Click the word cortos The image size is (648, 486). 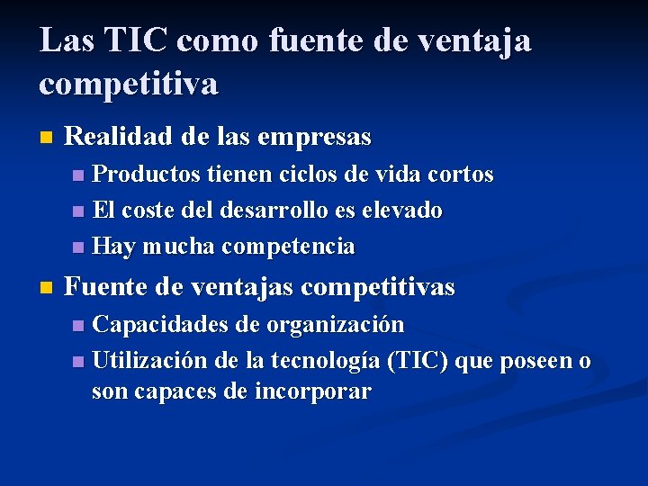pyautogui.click(x=461, y=174)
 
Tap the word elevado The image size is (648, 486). pyautogui.click(x=401, y=211)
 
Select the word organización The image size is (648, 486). pyautogui.click(x=335, y=324)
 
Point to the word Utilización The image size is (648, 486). pyautogui.click(x=149, y=361)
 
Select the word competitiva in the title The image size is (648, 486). pyautogui.click(x=128, y=85)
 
